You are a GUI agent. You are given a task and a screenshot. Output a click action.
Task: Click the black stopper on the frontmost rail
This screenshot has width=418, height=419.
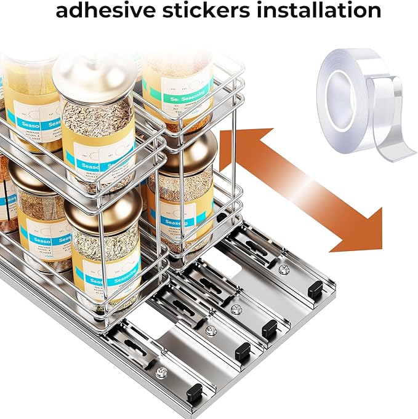click(196, 392)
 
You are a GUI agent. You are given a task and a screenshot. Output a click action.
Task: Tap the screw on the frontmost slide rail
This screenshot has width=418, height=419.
click(163, 372)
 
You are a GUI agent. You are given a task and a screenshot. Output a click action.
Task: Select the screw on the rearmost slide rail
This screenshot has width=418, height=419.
click(283, 269)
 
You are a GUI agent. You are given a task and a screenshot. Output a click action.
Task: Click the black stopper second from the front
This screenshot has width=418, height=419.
click(243, 351)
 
